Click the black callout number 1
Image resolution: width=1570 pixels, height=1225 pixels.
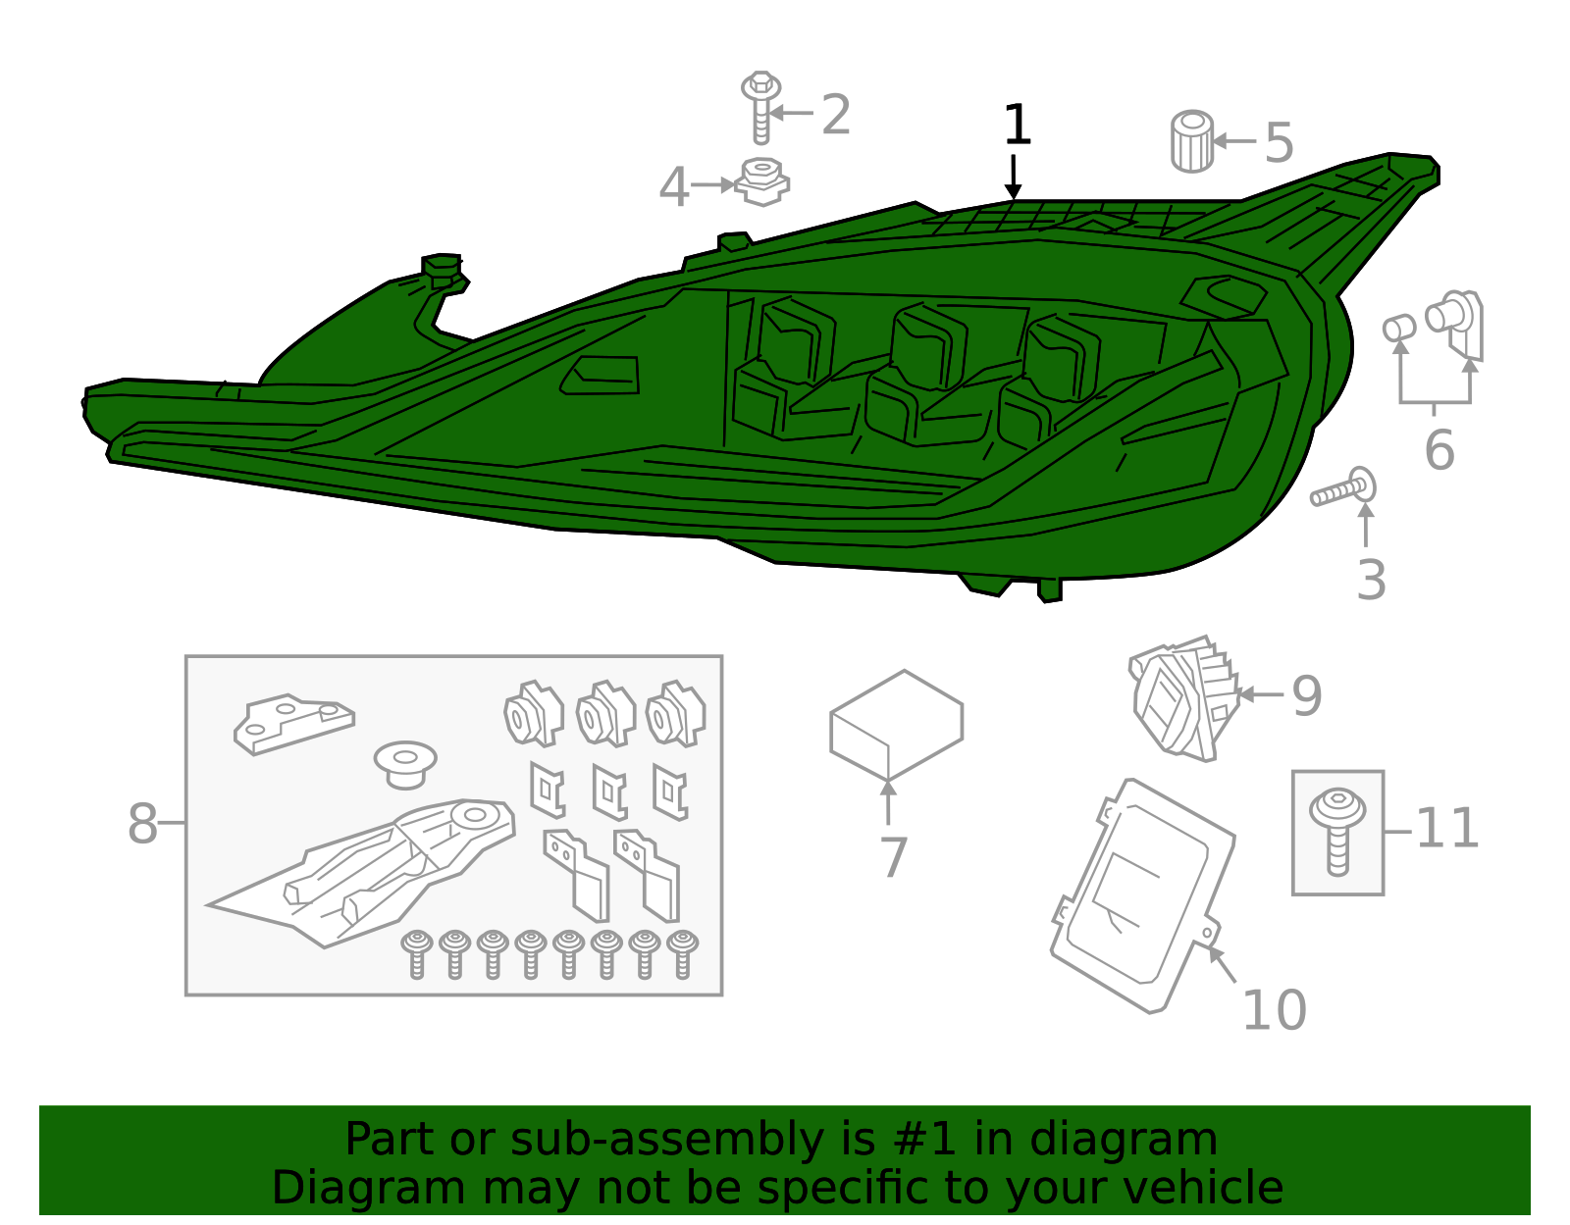click(1018, 126)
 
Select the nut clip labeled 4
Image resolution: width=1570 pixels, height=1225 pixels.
click(762, 181)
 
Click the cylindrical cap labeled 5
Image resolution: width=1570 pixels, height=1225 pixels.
click(1192, 142)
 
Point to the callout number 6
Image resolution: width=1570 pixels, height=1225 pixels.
click(1439, 450)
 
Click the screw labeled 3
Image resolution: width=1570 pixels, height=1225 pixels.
click(1345, 489)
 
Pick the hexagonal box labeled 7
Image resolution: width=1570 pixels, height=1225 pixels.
click(896, 725)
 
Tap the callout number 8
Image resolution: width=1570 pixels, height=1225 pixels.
click(142, 824)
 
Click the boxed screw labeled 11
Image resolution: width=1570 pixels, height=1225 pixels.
click(1337, 831)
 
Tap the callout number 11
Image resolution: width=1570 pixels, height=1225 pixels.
click(1447, 829)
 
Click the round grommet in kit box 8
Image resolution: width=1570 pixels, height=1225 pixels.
click(405, 763)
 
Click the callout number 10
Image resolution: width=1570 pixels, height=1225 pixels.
click(1274, 1010)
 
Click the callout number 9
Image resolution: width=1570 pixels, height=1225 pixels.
click(1306, 696)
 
